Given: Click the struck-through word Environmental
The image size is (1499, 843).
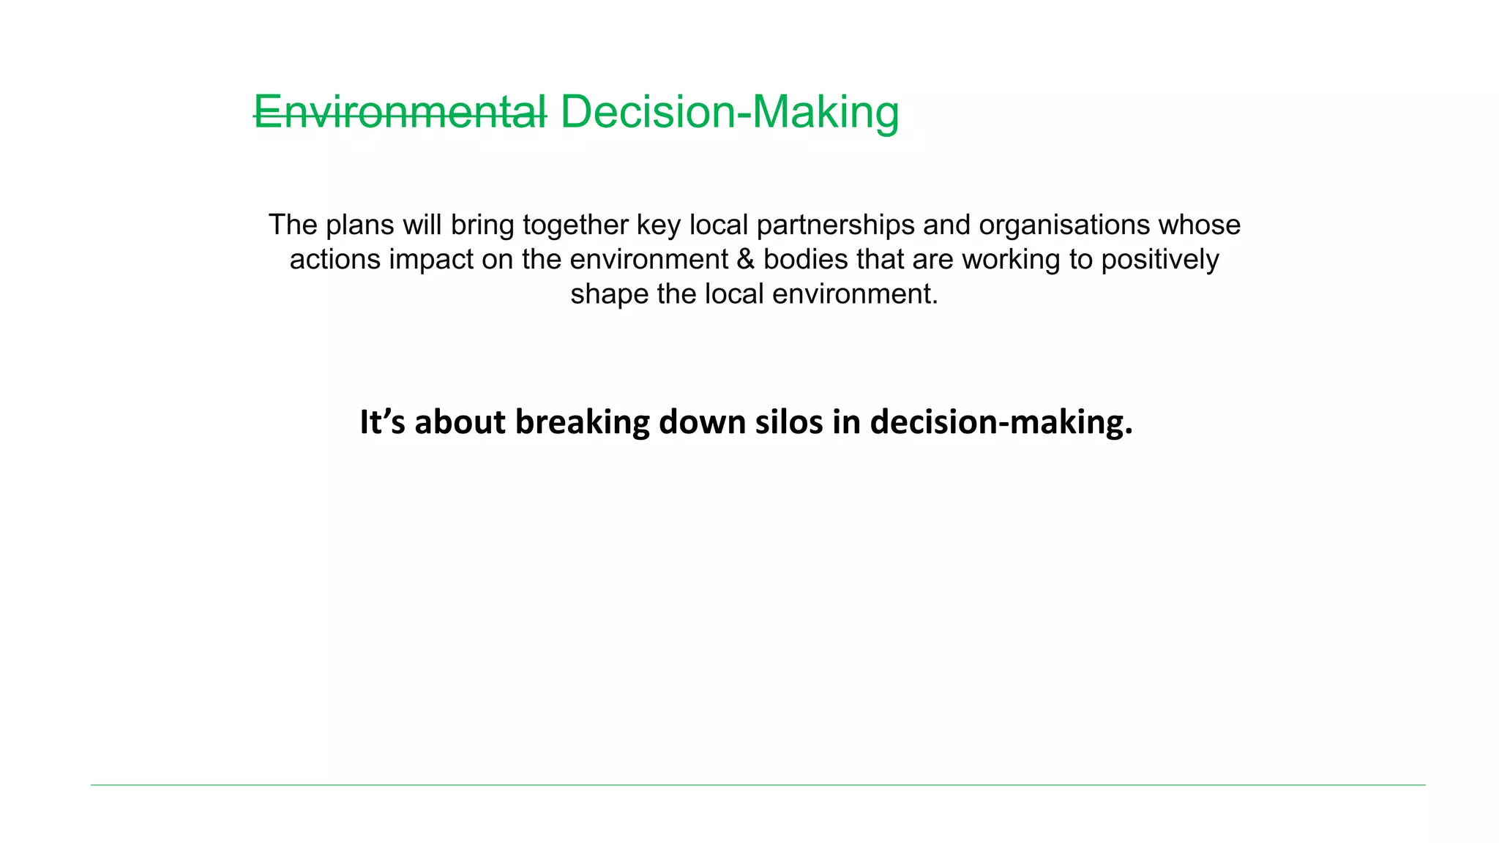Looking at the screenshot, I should tap(400, 113).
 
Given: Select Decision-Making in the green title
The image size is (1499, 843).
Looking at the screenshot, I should tap(730, 113).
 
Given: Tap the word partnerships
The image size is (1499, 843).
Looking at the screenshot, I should tap(835, 225).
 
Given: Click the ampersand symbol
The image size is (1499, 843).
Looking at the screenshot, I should tap(745, 260).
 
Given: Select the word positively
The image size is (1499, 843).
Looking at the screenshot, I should tap(1160, 260).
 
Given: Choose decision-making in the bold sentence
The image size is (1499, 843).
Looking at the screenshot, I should tap(1001, 422).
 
